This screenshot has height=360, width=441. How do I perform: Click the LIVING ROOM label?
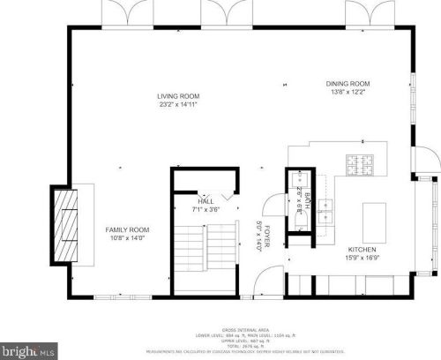(x=179, y=96)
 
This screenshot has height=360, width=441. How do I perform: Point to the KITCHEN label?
(x=362, y=250)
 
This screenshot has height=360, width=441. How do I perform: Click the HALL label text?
(x=206, y=202)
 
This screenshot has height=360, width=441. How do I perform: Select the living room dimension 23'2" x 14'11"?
(x=179, y=104)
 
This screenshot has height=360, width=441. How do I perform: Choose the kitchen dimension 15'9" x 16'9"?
(x=362, y=258)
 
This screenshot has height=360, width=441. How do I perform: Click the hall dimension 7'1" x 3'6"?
(x=206, y=210)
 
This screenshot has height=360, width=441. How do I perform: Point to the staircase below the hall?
(x=206, y=255)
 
